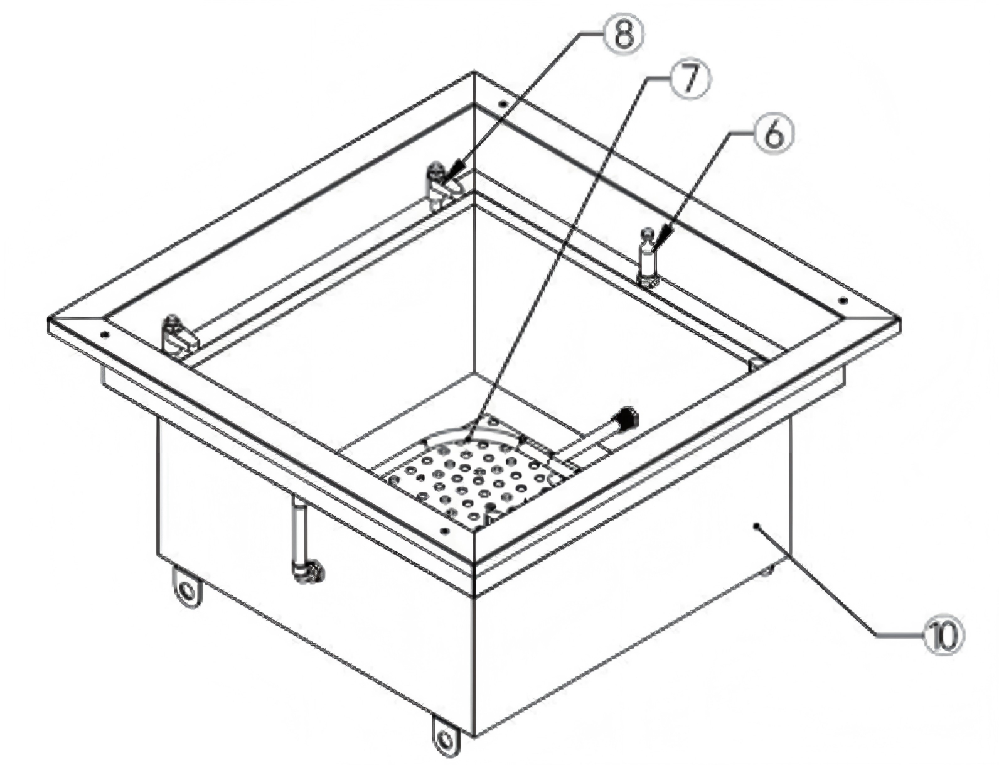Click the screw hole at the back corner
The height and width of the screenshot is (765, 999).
502,104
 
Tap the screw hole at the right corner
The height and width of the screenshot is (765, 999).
843,301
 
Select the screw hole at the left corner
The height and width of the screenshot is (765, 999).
105,335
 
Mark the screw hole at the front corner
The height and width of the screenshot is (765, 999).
446,531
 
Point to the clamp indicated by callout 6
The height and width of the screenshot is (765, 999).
648,259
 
